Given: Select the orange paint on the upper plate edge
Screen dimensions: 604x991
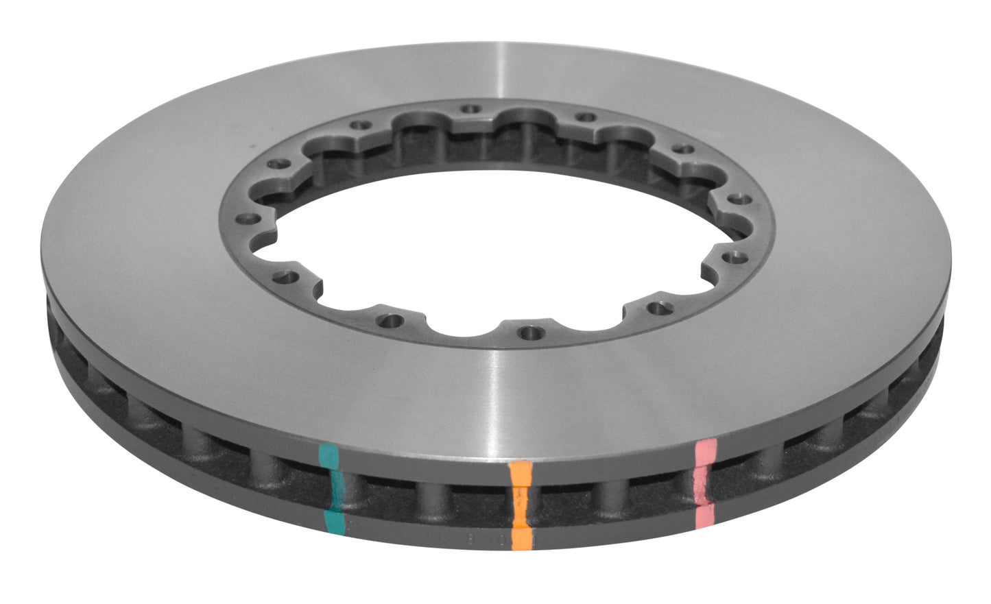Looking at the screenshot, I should (x=520, y=473).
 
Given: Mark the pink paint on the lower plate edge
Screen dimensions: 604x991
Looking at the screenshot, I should (x=705, y=516).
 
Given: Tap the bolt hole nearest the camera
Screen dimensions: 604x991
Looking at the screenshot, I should (x=527, y=333).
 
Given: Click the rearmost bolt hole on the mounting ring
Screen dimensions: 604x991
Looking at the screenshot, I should (x=469, y=108).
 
